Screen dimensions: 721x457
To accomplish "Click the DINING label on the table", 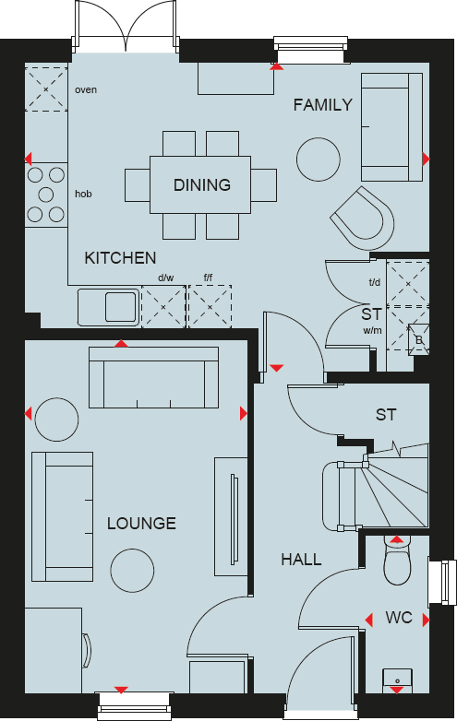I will coord(201,185).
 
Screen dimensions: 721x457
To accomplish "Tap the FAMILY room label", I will coord(322,105).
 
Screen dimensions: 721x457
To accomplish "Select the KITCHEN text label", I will coord(120,258).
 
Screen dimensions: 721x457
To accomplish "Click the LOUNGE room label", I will coord(141,524).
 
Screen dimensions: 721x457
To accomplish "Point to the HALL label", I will coord(301,560).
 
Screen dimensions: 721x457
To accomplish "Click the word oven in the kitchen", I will coord(86,90).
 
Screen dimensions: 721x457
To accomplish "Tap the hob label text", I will coord(83,195).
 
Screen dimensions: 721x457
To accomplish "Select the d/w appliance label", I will coord(165,278).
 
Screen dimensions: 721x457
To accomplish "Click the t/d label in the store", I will coord(374,283).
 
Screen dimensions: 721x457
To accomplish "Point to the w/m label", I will coord(372,330).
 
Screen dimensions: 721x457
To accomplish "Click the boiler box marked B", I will coord(418,338).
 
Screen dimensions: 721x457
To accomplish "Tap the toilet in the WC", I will coord(397,561).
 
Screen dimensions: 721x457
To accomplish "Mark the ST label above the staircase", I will coord(386,415).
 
